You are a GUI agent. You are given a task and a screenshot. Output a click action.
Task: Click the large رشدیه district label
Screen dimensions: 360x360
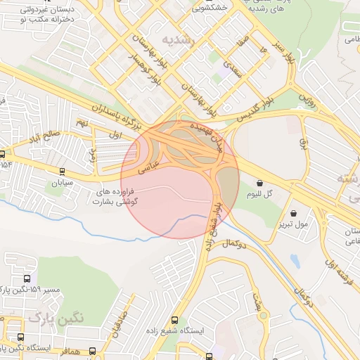(175, 39)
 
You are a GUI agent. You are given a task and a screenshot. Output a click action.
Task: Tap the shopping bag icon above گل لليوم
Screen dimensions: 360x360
(260, 183)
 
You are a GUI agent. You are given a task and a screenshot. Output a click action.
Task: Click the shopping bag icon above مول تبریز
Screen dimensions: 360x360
(292, 213)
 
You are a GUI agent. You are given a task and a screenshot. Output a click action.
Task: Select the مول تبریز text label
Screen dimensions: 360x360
(292, 225)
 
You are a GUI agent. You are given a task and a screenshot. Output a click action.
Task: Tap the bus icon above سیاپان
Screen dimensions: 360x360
(63, 171)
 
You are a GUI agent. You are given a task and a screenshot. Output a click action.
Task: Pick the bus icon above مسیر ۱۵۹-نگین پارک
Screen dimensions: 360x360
(27, 279)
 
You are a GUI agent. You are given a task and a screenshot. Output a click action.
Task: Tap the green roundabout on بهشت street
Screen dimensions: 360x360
(262, 319)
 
